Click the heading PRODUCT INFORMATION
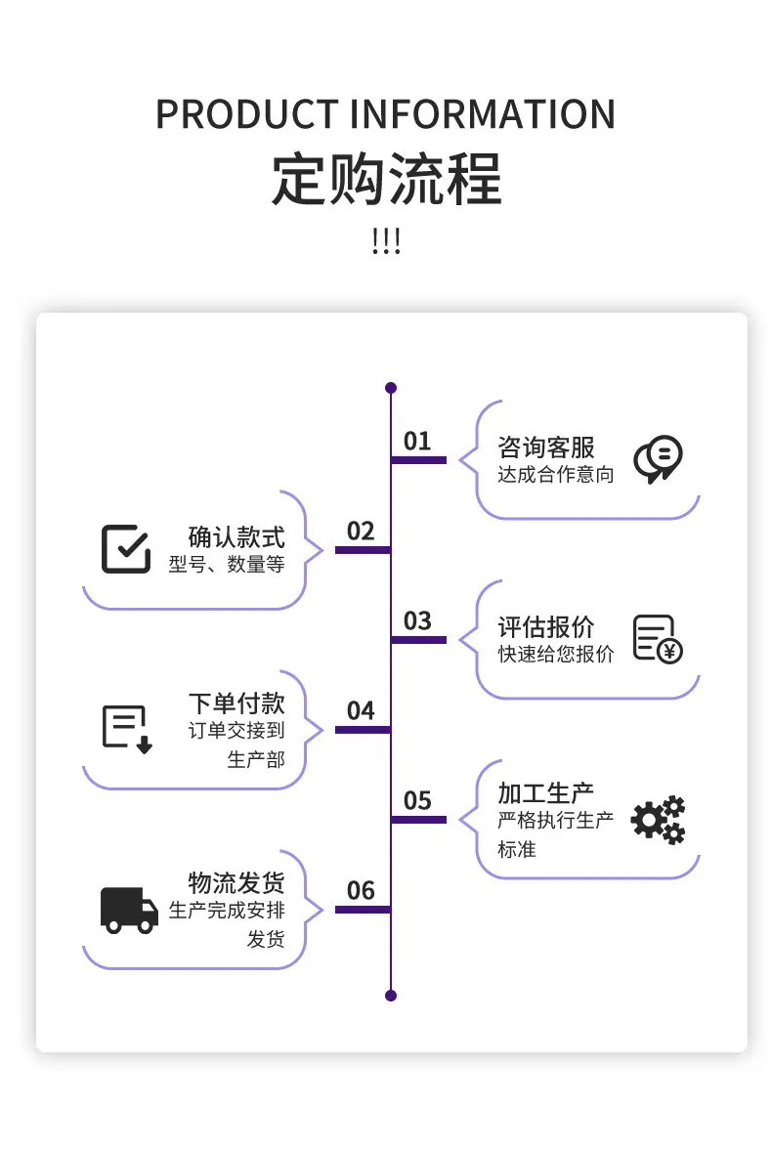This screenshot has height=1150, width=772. tap(385, 114)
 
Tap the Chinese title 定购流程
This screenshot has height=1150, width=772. tap(386, 179)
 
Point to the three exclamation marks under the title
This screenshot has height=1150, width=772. tap(386, 241)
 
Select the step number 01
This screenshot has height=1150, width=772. tap(417, 441)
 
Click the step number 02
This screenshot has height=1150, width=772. tap(361, 531)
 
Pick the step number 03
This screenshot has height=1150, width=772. tap(417, 621)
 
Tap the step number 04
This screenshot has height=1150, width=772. tap(361, 710)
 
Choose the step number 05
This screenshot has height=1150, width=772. tap(417, 800)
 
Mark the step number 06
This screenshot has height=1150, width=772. tap(361, 890)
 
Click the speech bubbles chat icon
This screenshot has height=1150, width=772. tap(659, 459)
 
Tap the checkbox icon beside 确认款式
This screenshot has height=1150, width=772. tap(126, 548)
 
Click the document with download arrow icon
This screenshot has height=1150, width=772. tap(127, 729)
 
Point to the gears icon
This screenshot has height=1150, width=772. tap(659, 819)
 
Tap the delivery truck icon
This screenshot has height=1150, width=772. tap(129, 911)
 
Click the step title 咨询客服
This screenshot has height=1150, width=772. tap(546, 447)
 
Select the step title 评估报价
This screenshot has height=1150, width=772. tap(546, 627)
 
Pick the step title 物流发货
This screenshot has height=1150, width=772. tap(236, 882)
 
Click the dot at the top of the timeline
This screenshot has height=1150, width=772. tap(391, 387)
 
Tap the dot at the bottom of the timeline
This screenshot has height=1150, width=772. tap(391, 996)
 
